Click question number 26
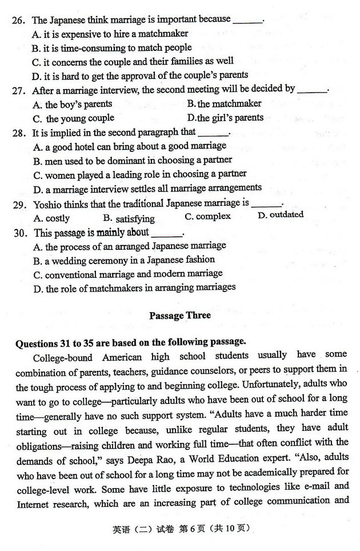coord(19,20)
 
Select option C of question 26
coord(133,61)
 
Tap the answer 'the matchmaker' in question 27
coord(224,103)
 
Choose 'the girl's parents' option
coord(225,118)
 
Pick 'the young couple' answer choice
coord(74,118)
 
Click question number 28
coord(19,133)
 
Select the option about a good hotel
coord(130,146)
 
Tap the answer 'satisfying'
coord(129,218)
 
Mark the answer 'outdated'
coord(281,215)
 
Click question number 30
coord(19,233)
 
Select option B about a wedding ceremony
coord(123,259)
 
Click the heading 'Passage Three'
coord(179,316)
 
